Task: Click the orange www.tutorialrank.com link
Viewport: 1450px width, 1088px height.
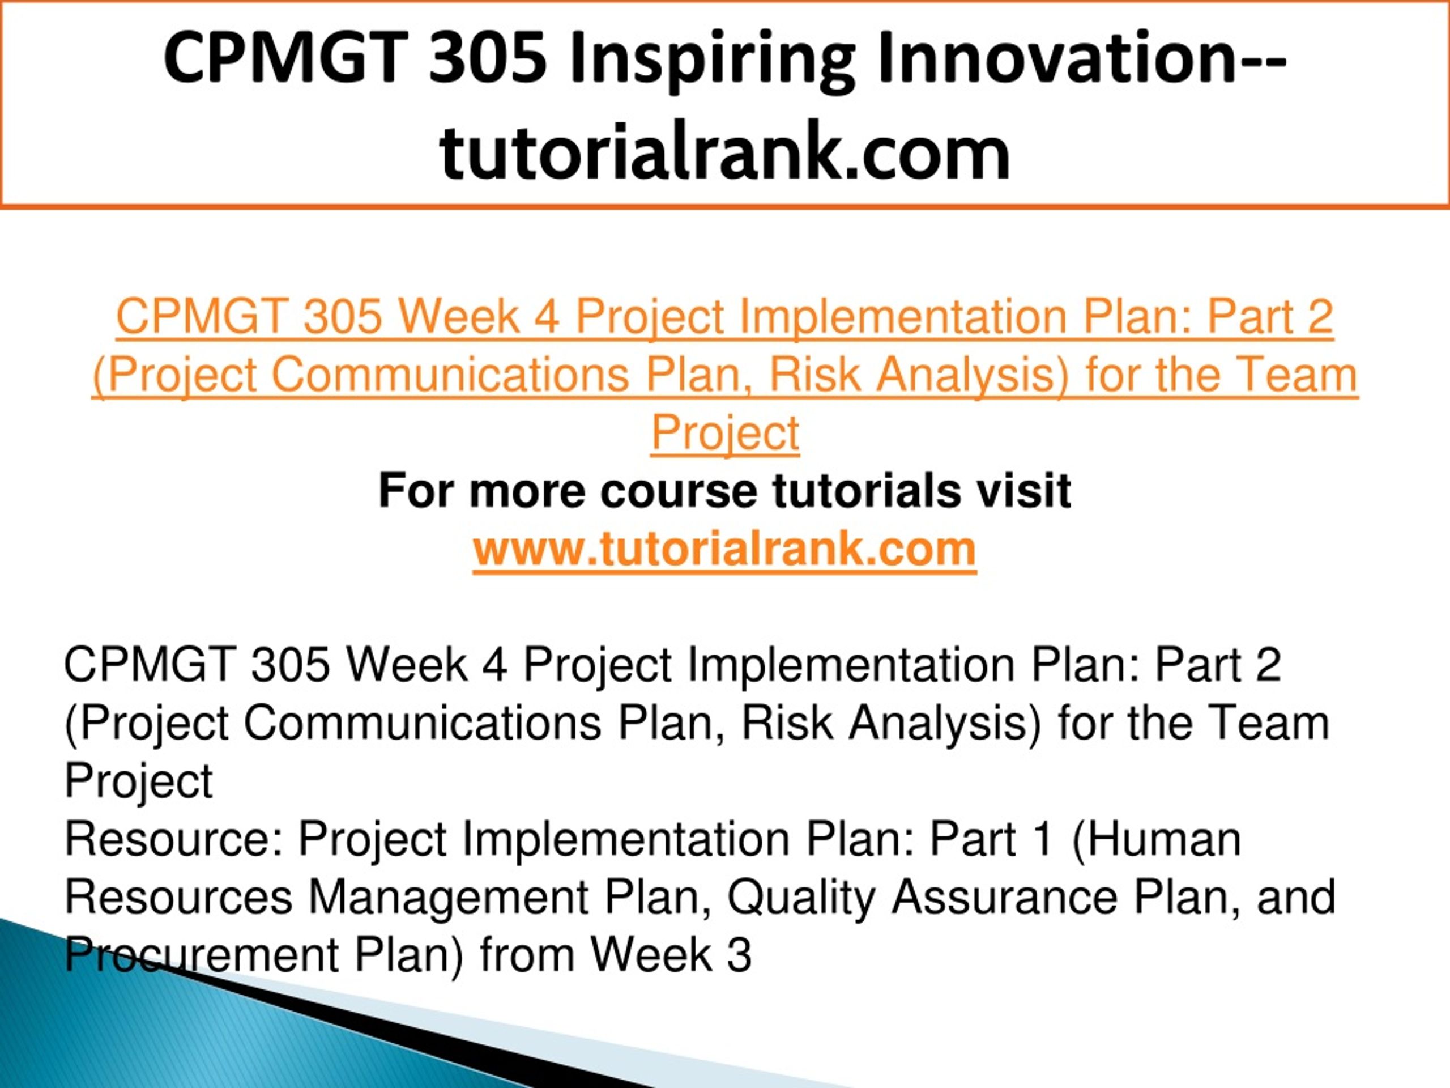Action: [x=724, y=549]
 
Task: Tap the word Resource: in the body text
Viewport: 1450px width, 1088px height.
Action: [x=173, y=839]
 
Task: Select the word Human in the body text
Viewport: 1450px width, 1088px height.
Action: [x=1157, y=839]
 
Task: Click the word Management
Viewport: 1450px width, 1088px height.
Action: [x=449, y=897]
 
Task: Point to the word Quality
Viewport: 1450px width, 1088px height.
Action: [x=801, y=897]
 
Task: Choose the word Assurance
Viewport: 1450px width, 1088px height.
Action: [x=1004, y=897]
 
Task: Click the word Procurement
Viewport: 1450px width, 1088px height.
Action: [x=201, y=955]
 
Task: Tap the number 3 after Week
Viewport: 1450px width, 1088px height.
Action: [x=739, y=955]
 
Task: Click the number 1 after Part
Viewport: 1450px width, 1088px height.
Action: [x=1042, y=839]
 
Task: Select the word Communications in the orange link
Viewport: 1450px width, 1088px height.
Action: [x=450, y=375]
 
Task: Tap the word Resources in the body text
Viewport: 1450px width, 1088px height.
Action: [x=178, y=897]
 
